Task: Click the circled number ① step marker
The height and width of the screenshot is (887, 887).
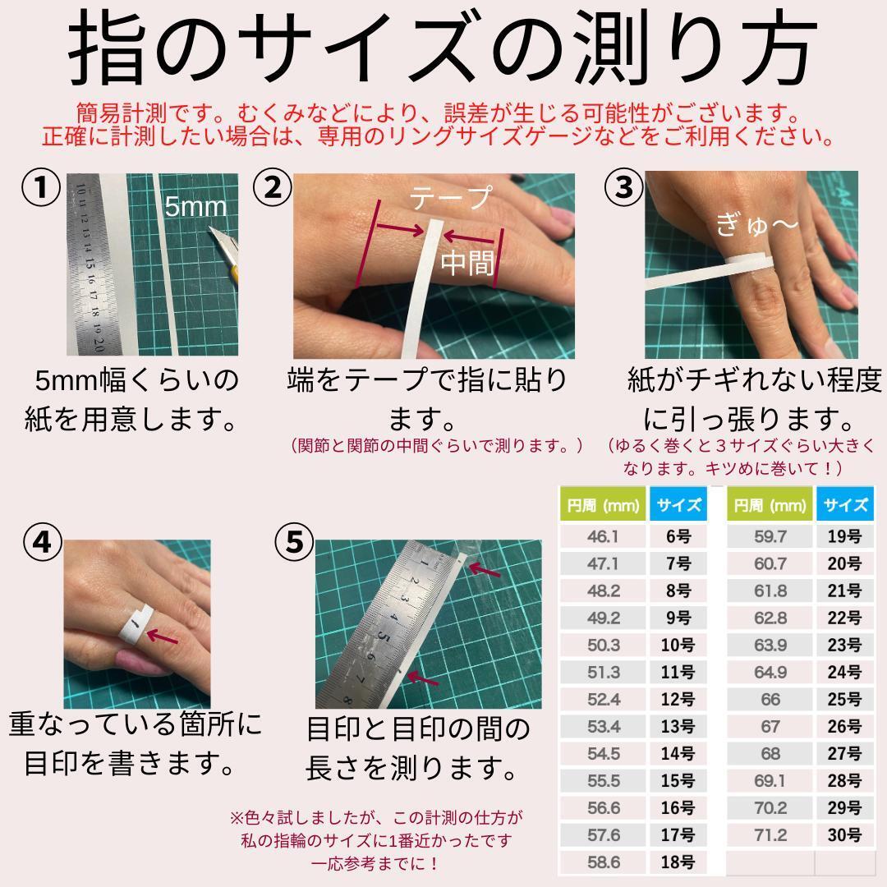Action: (41, 187)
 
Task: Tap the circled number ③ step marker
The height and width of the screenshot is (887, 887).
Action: (624, 187)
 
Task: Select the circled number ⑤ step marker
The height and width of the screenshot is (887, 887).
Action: (294, 542)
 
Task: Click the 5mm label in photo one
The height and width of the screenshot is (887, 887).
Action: (195, 206)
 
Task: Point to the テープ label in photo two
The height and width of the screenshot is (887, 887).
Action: (450, 198)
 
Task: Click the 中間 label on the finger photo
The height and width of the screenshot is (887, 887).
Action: (467, 263)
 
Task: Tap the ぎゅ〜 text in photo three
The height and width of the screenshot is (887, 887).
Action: (756, 224)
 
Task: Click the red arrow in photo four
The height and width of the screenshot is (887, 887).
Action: (163, 637)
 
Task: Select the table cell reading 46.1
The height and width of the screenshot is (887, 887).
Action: (603, 535)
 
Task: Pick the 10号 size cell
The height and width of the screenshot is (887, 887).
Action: (678, 645)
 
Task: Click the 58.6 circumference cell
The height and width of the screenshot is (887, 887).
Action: (603, 862)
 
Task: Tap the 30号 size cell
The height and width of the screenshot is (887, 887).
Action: (844, 834)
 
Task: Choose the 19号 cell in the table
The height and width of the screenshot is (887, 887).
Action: (844, 535)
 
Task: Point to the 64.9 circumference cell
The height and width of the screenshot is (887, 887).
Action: (770, 672)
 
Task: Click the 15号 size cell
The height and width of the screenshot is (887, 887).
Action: (678, 780)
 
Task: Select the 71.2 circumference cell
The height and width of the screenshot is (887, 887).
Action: (770, 834)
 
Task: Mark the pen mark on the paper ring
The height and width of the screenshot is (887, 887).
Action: (135, 623)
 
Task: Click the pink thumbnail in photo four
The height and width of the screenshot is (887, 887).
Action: (140, 663)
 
